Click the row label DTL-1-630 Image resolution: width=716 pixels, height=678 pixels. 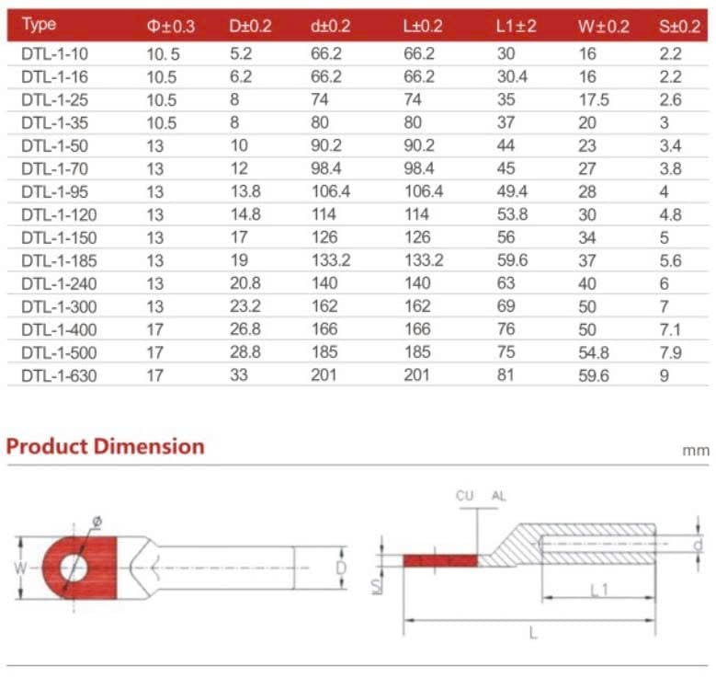[58, 375]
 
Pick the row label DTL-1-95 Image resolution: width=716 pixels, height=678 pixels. [54, 191]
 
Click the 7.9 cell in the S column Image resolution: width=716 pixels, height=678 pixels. [671, 352]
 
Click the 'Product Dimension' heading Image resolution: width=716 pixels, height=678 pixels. [105, 447]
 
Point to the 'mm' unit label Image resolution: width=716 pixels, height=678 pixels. [696, 452]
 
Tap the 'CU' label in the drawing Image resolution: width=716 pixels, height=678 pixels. [465, 497]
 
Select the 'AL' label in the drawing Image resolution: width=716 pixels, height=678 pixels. [499, 497]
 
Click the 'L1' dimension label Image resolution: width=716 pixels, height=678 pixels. [598, 591]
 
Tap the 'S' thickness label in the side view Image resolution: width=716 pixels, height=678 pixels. [376, 585]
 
